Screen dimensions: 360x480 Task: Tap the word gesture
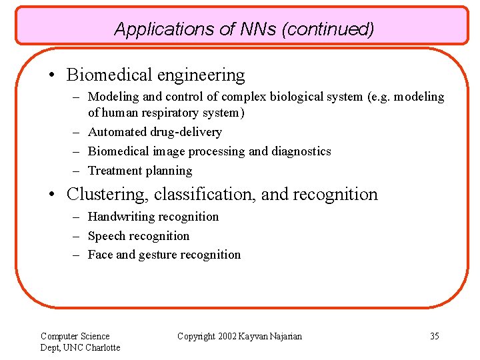click(159, 255)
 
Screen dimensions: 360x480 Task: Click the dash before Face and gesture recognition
click(77, 255)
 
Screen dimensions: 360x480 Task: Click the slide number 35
click(434, 336)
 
